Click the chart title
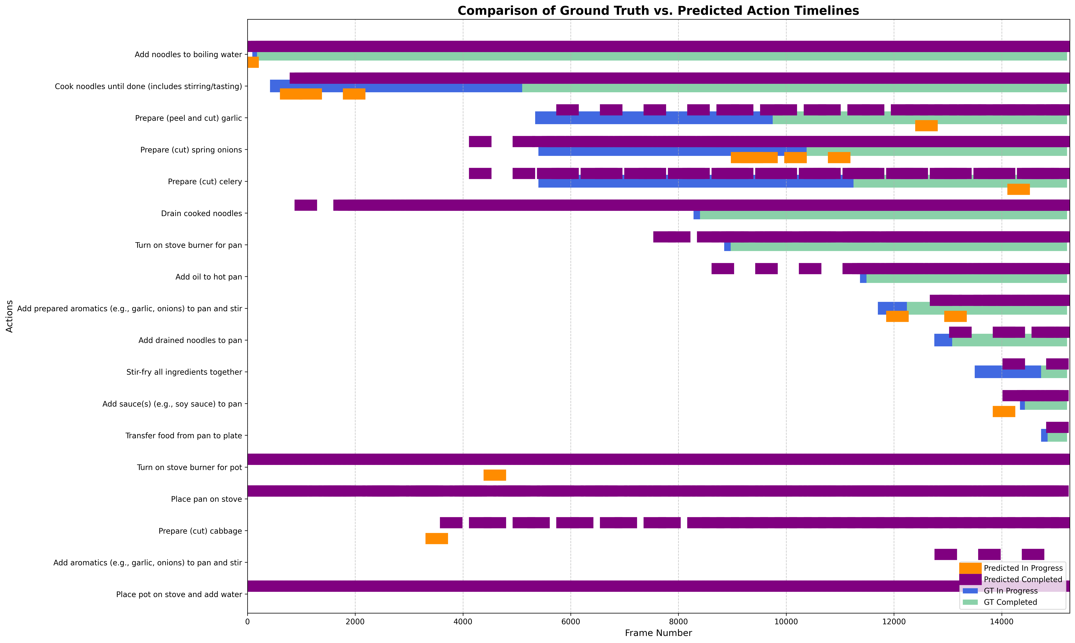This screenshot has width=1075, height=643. (658, 11)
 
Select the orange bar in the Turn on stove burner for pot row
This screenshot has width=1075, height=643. (494, 475)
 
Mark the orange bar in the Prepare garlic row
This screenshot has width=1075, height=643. (926, 126)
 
